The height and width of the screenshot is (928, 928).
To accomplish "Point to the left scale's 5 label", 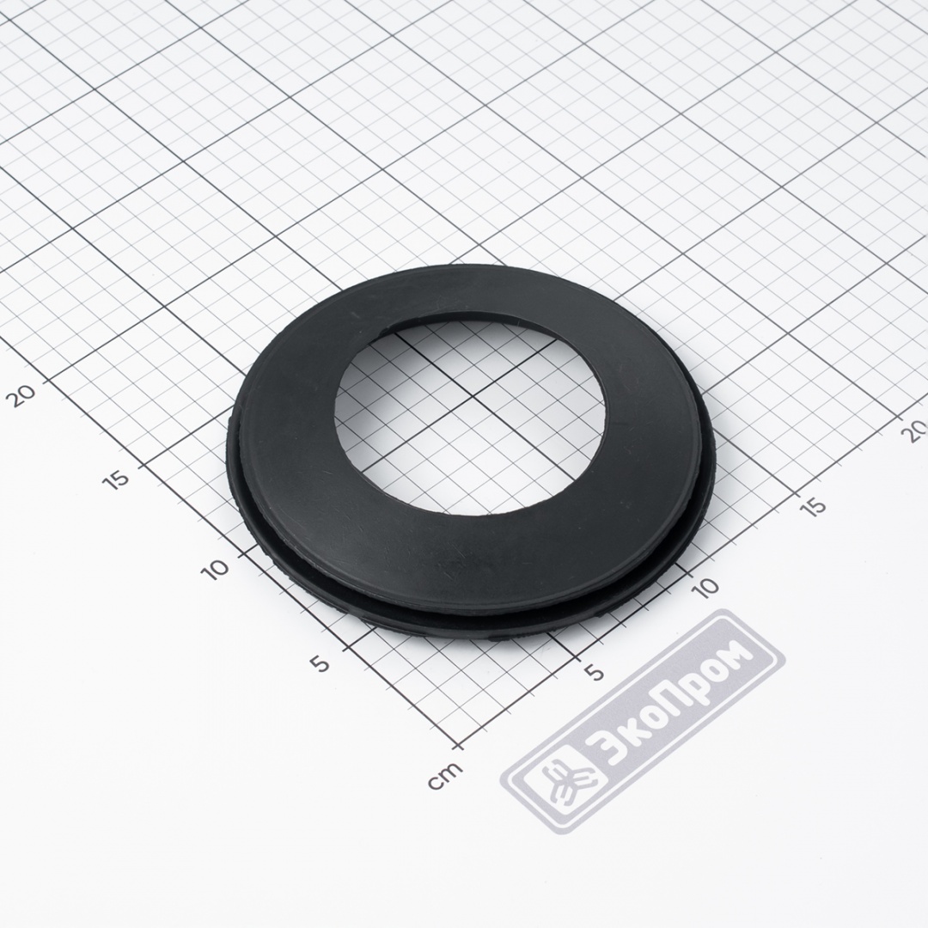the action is coord(321,664).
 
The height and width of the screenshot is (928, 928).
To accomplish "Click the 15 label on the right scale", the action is coord(815,506).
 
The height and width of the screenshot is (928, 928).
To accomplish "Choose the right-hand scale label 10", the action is coord(705,587).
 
